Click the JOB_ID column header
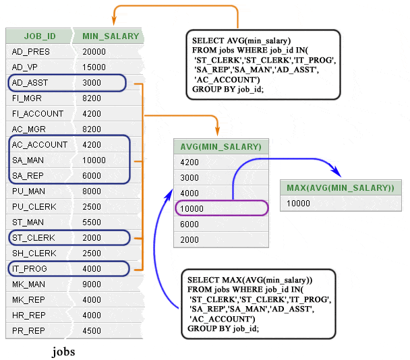(x=40, y=36)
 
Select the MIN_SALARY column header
(x=111, y=36)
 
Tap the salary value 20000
(x=94, y=52)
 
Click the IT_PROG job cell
(x=29, y=269)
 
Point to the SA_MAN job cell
(x=28, y=160)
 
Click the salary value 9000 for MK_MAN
(x=92, y=284)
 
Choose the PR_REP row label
(x=28, y=331)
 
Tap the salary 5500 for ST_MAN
(x=92, y=222)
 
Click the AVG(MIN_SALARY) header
(x=221, y=147)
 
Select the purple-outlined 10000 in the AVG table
(x=192, y=209)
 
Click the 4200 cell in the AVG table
(x=190, y=162)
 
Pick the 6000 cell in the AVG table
(x=190, y=224)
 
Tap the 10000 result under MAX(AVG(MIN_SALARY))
(x=299, y=203)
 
